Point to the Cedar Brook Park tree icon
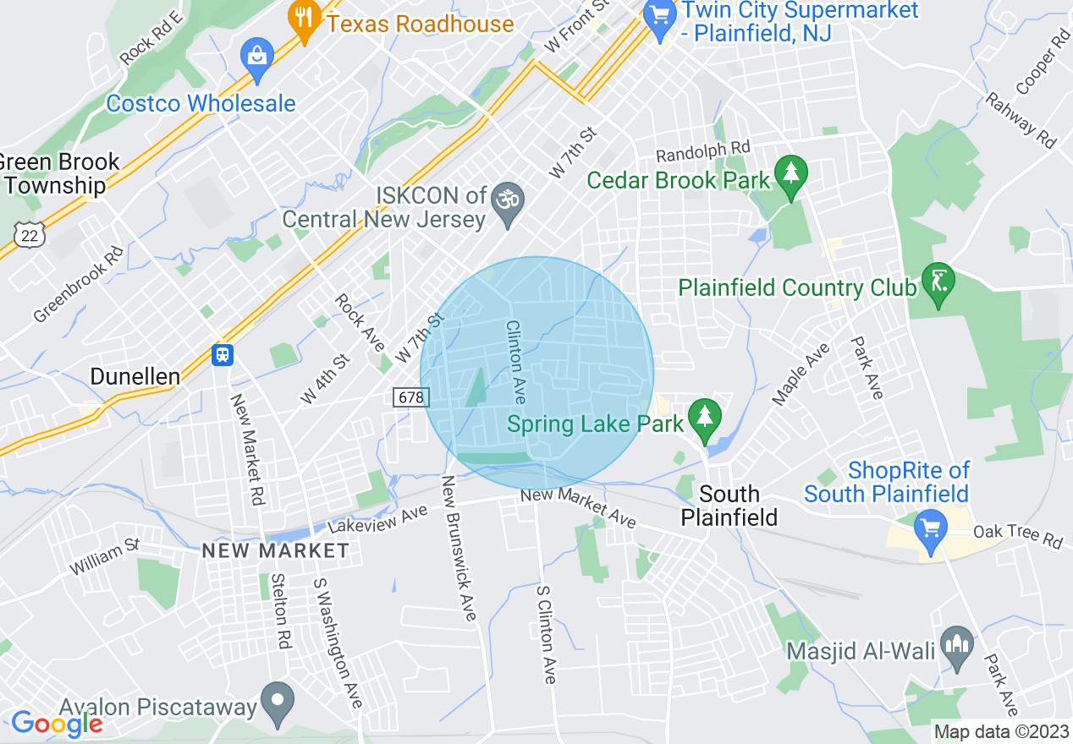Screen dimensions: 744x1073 [x=791, y=174]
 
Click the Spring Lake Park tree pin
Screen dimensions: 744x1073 [x=703, y=418]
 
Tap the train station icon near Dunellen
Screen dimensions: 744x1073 [x=223, y=354]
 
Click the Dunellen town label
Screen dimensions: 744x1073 [x=135, y=376]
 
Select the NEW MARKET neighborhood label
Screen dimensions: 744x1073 [x=275, y=551]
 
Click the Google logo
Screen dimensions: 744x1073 [x=57, y=724]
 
